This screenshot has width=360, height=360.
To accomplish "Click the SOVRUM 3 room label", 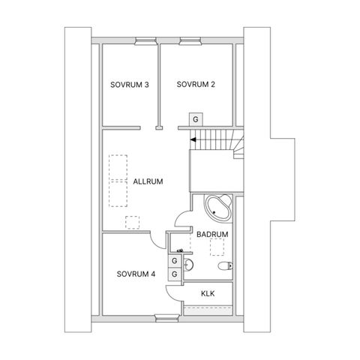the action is [130, 85].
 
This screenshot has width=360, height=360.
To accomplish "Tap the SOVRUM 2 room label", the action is [196, 84].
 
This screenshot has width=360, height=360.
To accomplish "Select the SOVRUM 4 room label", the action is [136, 274].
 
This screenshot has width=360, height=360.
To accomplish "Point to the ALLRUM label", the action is [148, 181].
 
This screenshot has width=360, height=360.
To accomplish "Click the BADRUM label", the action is [212, 235].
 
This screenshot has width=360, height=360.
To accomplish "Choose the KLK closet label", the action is [208, 293].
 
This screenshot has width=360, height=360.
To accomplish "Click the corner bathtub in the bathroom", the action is [217, 208].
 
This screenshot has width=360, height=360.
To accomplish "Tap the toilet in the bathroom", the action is [225, 266].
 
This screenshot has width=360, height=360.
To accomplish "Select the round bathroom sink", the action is [188, 265].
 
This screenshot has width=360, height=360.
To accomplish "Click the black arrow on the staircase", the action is [193, 139].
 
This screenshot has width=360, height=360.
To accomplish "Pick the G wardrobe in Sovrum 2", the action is [196, 119].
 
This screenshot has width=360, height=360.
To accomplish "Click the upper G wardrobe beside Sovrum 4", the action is [175, 261].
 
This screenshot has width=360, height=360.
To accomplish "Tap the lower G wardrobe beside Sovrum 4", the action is [175, 274].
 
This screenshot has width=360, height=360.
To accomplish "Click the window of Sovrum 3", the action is [145, 41].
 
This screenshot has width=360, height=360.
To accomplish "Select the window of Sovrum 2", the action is [190, 41].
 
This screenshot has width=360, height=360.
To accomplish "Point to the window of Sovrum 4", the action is [167, 318].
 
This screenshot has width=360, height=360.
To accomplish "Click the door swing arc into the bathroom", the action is [179, 215].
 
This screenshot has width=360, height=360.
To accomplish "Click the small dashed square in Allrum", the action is [132, 223].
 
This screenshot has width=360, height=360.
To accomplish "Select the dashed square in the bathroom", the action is [217, 247].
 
